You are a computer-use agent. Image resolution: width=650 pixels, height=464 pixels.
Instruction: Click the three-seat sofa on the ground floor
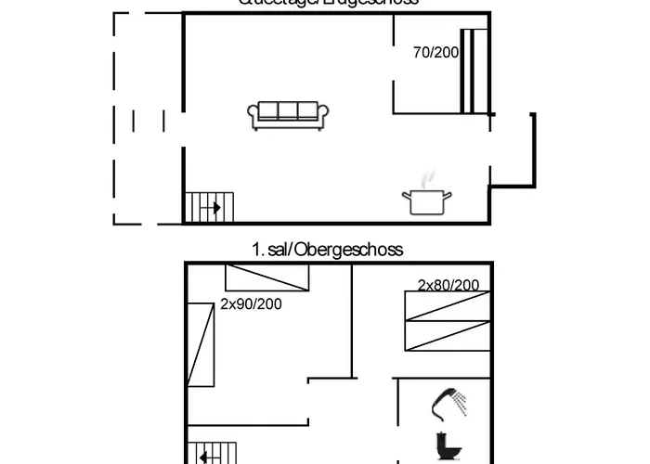click(x=288, y=114)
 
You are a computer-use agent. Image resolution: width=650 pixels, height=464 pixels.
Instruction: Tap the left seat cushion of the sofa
click(x=266, y=111)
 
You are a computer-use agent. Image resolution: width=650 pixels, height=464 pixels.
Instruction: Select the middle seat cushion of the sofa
click(x=288, y=111)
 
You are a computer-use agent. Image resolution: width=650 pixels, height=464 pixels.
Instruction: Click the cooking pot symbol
click(x=426, y=200)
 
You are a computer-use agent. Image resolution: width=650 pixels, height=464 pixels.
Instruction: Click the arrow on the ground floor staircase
click(x=214, y=207)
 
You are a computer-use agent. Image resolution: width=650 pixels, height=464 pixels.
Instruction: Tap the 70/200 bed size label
click(x=435, y=53)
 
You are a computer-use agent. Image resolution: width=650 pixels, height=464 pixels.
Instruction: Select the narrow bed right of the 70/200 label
click(x=474, y=71)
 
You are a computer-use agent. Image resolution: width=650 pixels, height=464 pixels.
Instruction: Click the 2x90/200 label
click(x=251, y=303)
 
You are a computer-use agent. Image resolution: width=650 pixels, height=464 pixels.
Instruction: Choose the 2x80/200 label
click(x=448, y=285)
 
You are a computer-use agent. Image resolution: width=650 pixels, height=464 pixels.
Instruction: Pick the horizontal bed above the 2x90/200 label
click(x=267, y=277)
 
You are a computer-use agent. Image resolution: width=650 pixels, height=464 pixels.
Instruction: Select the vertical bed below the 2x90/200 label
click(x=201, y=344)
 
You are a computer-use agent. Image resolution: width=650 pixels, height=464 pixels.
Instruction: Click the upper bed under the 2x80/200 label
click(x=446, y=306)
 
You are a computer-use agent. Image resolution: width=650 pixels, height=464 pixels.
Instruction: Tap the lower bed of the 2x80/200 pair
click(x=446, y=336)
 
